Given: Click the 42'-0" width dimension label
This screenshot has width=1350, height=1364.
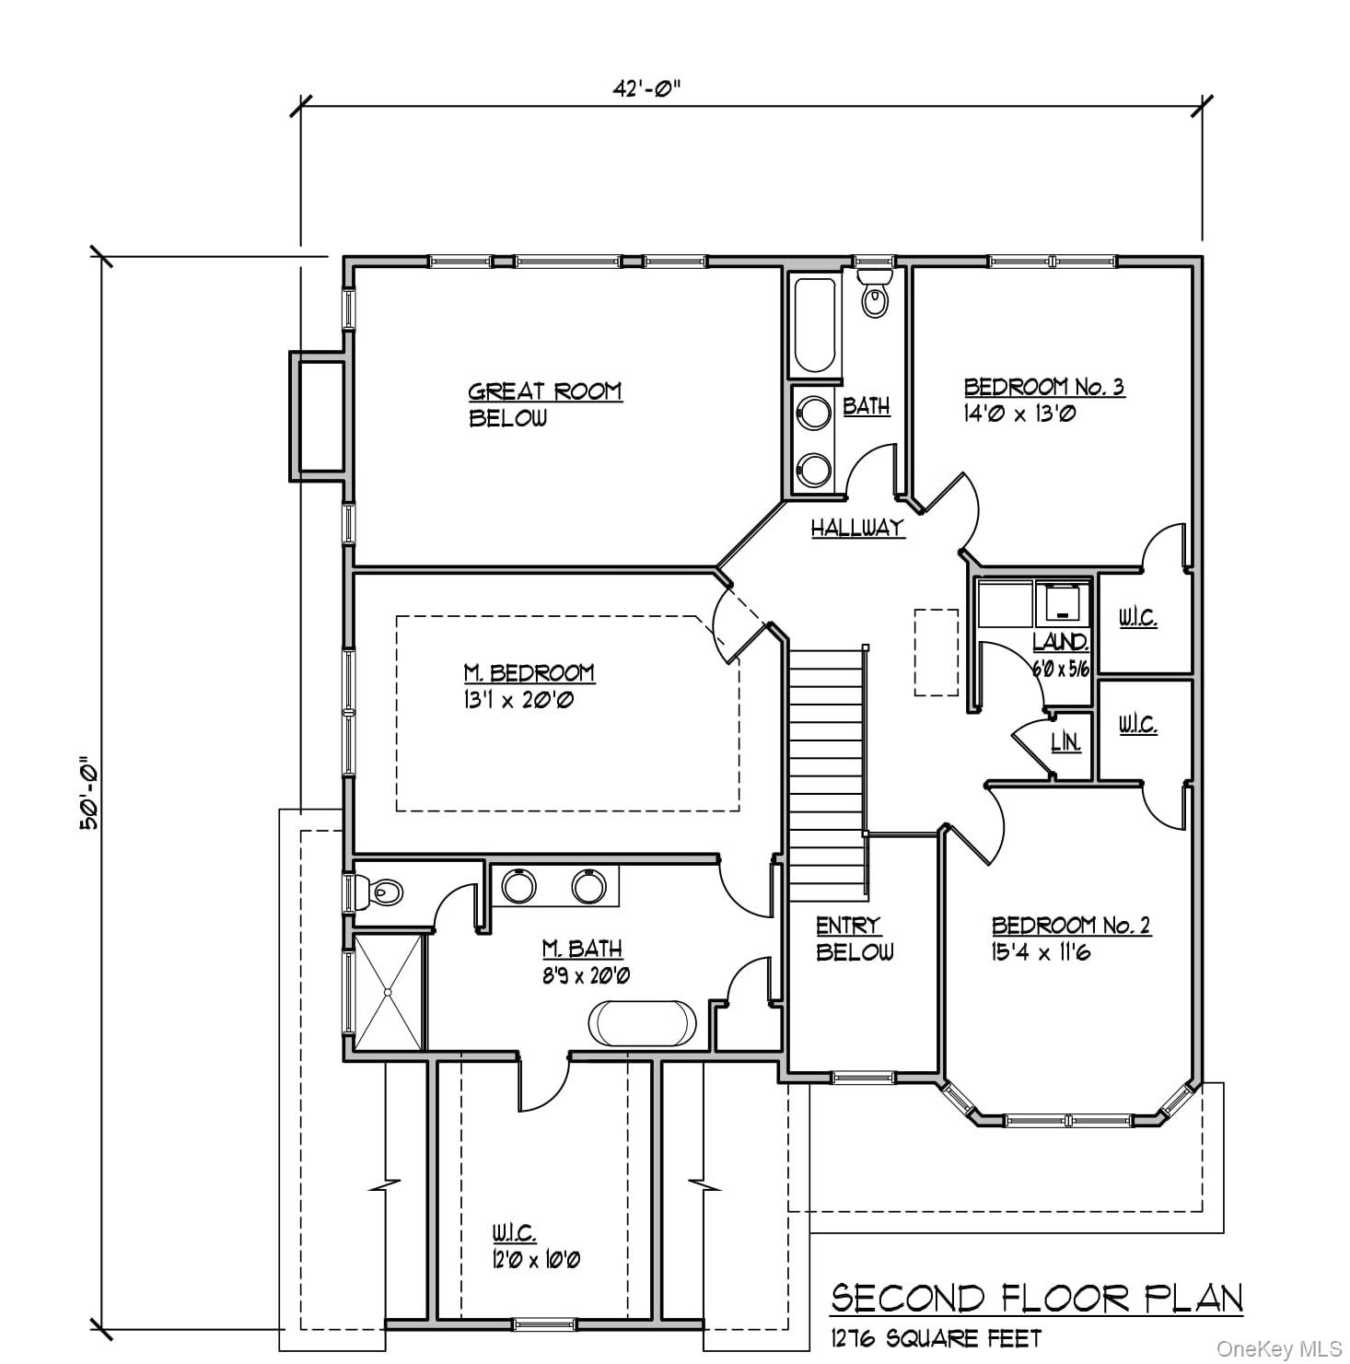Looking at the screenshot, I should coord(646,89).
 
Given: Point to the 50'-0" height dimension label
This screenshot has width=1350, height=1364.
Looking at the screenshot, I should coord(88,794).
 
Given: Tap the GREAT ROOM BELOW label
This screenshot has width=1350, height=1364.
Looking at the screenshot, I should coord(544,404).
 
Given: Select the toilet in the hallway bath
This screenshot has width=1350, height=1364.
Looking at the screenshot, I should coord(875,294).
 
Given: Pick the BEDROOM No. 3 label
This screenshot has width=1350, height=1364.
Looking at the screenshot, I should coord(1043,399).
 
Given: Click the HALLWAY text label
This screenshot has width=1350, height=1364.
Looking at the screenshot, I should coord(857,528).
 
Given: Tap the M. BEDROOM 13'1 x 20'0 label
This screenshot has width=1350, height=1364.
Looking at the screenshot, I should coord(529,686).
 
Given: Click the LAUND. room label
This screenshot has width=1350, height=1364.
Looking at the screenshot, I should coord(1061,642).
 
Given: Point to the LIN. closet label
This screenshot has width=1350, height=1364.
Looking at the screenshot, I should coord(1065,741).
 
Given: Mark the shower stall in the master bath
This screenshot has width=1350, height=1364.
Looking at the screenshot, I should coord(389,992).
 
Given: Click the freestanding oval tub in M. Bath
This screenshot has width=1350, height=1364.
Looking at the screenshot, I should coord(643,1022).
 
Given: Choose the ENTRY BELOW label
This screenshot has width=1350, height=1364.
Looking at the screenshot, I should coord(854,938).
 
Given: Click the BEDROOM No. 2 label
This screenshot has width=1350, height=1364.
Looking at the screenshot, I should coord(1070,938).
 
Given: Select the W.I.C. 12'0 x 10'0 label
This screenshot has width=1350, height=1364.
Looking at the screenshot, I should coord(535,1246).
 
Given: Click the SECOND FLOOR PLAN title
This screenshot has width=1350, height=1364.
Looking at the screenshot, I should coord(1037,1300).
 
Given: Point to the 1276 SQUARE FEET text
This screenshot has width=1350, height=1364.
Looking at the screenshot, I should coord(936,1337).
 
